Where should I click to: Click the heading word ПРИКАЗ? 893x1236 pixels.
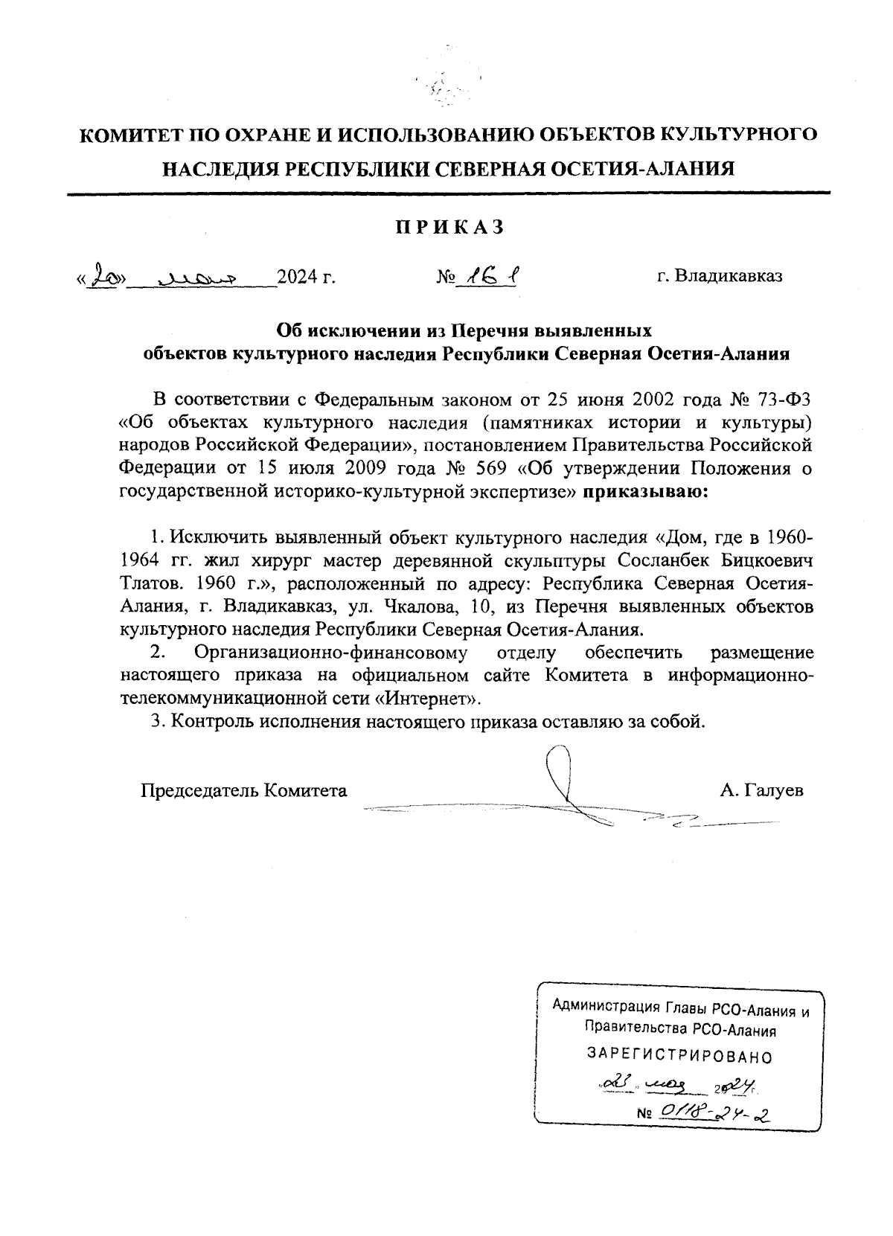click(x=449, y=228)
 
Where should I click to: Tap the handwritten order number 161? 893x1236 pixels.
click(x=488, y=278)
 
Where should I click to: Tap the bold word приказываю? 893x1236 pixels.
click(x=645, y=491)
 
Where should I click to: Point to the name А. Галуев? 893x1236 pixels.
click(x=761, y=790)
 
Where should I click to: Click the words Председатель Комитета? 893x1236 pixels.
click(x=244, y=790)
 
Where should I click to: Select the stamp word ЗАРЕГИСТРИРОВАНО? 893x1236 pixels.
click(x=679, y=1056)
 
